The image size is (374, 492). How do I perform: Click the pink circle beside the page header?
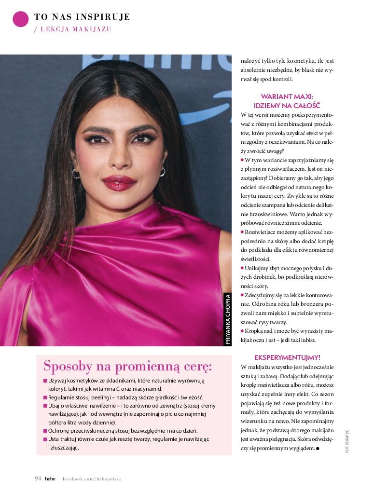(x=20, y=19)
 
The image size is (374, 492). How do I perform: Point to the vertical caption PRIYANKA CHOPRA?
(x=228, y=319)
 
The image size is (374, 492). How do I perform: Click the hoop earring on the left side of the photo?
(x=75, y=173)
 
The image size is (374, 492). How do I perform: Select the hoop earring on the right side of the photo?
(x=162, y=172)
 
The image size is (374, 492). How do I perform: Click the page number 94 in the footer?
(x=38, y=478)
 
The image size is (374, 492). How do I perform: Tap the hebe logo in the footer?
(x=50, y=478)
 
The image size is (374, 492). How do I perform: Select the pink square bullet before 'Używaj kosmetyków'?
(x=45, y=381)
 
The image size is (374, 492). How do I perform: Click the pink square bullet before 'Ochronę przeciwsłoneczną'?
(x=45, y=431)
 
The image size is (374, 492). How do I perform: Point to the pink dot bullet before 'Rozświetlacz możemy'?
(x=242, y=232)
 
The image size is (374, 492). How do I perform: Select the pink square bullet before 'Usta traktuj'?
(x=45, y=439)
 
